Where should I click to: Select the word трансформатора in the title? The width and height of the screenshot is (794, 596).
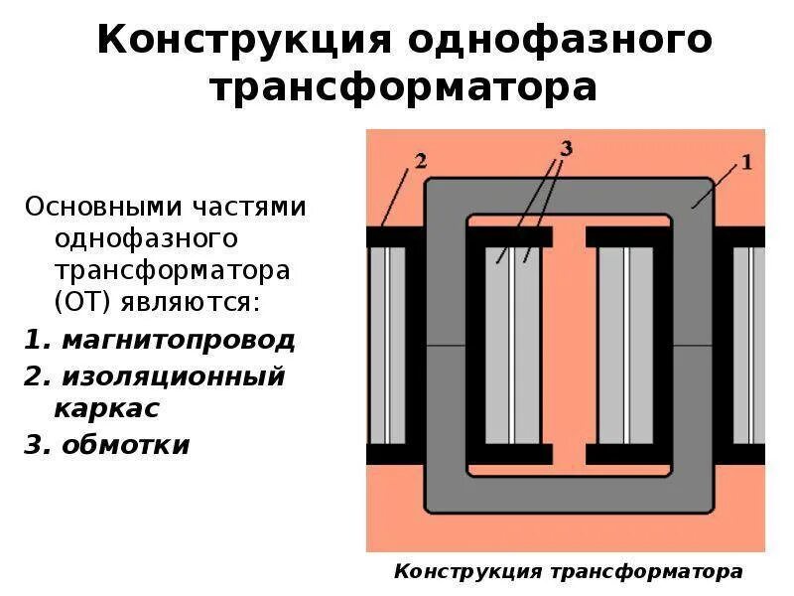(x=403, y=87)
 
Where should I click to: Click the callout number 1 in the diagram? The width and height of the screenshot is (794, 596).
(x=746, y=161)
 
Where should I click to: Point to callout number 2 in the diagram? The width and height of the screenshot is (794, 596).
(x=420, y=161)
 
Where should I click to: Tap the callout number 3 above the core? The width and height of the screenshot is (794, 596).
(x=566, y=149)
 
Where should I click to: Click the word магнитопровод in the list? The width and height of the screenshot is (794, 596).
(x=179, y=341)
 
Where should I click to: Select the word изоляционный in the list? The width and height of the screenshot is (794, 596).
(x=174, y=376)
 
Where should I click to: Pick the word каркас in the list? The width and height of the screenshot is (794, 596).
(x=107, y=408)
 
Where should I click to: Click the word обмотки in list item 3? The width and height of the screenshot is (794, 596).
(x=125, y=444)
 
